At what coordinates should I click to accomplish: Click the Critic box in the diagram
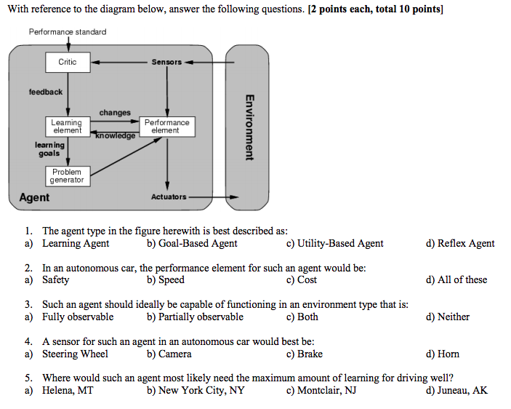[67, 62]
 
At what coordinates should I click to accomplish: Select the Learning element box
[67, 126]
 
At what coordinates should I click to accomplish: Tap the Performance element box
[166, 126]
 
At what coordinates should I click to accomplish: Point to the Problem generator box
[67, 176]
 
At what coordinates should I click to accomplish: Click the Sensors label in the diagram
[166, 62]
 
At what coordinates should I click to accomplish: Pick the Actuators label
[169, 196]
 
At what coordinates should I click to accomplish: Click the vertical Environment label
[249, 127]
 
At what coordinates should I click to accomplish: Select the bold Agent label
[34, 197]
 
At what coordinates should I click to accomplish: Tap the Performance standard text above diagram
[68, 32]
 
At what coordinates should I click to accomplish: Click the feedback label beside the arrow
[46, 92]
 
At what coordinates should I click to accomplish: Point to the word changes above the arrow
[115, 113]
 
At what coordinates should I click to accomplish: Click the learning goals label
[50, 149]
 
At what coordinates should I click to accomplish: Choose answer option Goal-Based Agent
[192, 244]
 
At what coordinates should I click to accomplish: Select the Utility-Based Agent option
[334, 244]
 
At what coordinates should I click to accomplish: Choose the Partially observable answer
[195, 317]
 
